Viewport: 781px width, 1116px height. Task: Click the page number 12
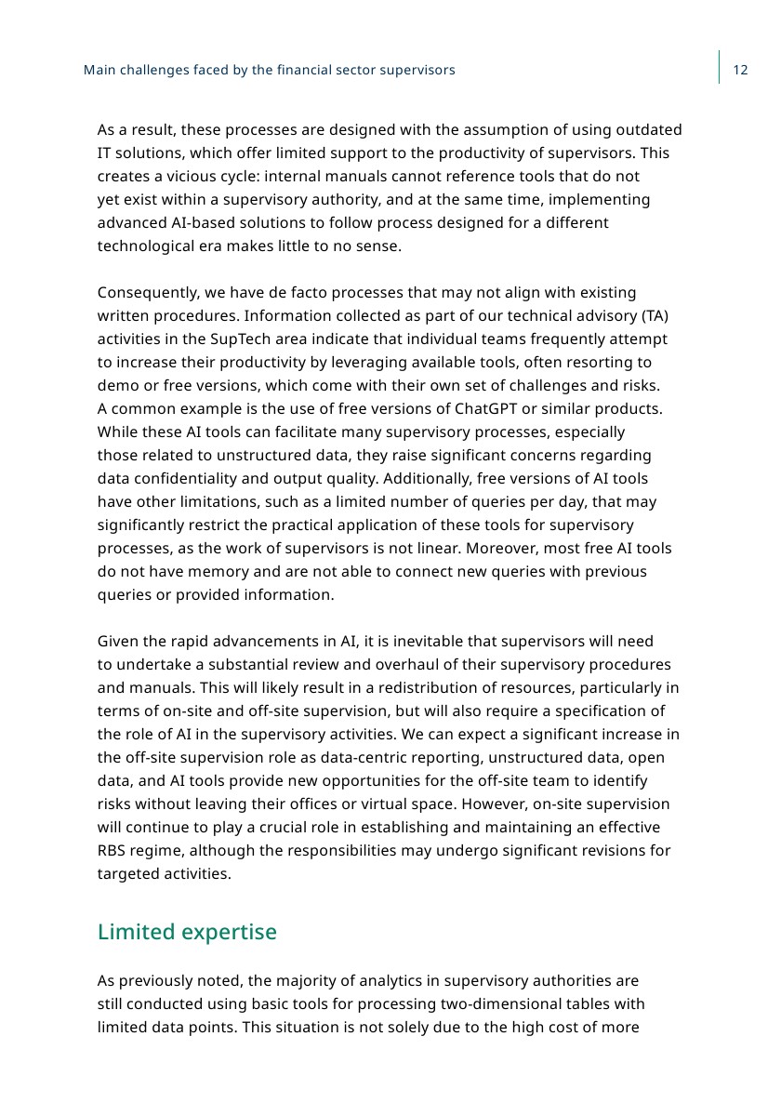(x=741, y=71)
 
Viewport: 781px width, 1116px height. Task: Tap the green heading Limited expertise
(x=187, y=932)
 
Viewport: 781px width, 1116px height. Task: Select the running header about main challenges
(x=270, y=71)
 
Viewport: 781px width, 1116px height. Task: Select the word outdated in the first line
(x=648, y=130)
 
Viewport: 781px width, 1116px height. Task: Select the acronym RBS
(x=113, y=851)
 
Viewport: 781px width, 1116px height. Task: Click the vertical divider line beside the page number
(x=719, y=67)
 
